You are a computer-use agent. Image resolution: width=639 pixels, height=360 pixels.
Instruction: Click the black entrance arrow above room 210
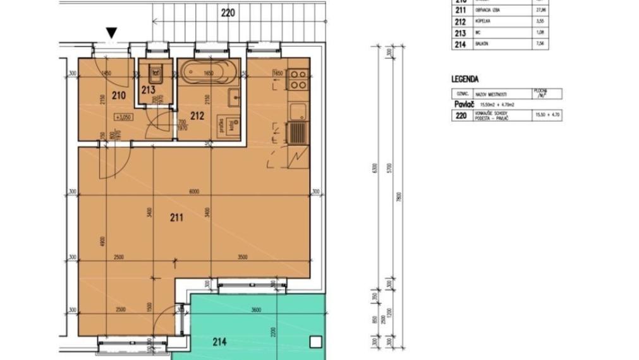pos(112,33)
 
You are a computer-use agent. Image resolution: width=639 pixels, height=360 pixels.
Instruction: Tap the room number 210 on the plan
pos(118,95)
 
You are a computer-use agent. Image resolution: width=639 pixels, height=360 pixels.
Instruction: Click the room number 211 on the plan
pos(177,218)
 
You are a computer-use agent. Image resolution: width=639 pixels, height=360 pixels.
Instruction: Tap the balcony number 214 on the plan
pos(219,342)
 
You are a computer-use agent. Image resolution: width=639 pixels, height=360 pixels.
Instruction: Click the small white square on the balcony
pos(315,342)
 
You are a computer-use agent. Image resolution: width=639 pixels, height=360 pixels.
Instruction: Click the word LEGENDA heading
pos(465,80)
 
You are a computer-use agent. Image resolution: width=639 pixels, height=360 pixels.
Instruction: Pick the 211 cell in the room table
pos(460,9)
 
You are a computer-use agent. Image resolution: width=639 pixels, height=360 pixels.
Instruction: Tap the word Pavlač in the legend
pos(465,104)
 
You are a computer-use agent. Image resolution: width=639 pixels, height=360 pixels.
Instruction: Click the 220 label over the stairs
pos(228,13)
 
